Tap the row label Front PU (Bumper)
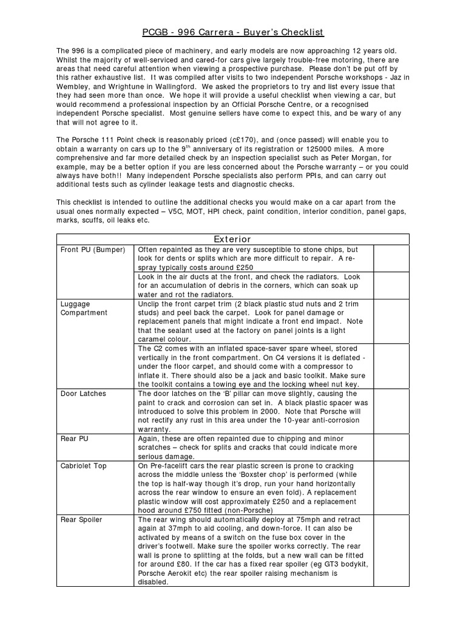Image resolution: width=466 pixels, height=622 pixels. click(x=92, y=250)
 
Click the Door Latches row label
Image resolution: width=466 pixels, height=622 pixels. click(x=83, y=394)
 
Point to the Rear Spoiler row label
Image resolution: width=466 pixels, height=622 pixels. click(x=81, y=520)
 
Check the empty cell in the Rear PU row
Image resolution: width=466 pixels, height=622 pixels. click(x=391, y=448)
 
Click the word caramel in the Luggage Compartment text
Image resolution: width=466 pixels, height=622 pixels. click(x=155, y=339)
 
